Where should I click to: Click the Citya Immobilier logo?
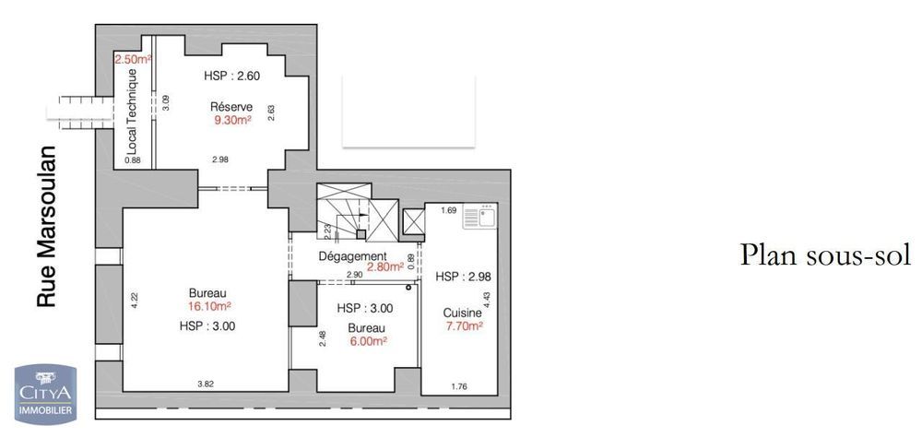tap(45, 394)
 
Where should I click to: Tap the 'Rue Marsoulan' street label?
tap(46, 227)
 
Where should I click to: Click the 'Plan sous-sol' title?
tap(825, 254)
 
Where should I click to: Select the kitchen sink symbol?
tap(479, 217)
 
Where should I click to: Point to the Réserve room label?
tap(231, 107)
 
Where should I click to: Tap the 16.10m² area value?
tap(208, 306)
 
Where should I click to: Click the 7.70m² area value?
tap(465, 326)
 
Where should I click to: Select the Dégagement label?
tap(353, 256)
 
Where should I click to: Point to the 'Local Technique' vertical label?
tap(132, 112)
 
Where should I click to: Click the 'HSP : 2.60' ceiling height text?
tap(231, 76)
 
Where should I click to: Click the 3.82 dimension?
tap(205, 384)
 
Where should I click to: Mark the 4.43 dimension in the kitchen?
tap(486, 301)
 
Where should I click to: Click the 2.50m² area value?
tap(133, 59)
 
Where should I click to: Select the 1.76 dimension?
tap(459, 386)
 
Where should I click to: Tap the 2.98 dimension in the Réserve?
tap(220, 159)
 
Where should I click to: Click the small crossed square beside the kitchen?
tap(414, 222)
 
